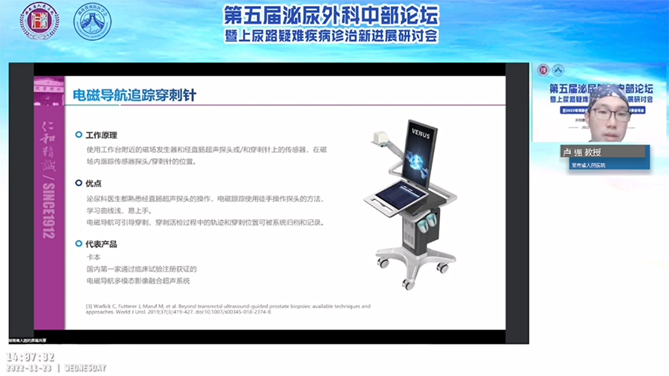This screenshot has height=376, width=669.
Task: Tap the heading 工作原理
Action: pos(101,135)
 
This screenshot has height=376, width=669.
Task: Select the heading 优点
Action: pos(94,183)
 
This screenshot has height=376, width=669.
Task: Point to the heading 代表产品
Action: pos(101,244)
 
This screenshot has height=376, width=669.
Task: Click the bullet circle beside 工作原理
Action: pos(79,135)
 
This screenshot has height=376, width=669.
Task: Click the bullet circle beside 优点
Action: pos(79,183)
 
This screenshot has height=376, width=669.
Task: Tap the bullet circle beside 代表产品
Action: pos(79,244)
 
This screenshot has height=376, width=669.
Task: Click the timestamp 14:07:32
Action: pos(30,357)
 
